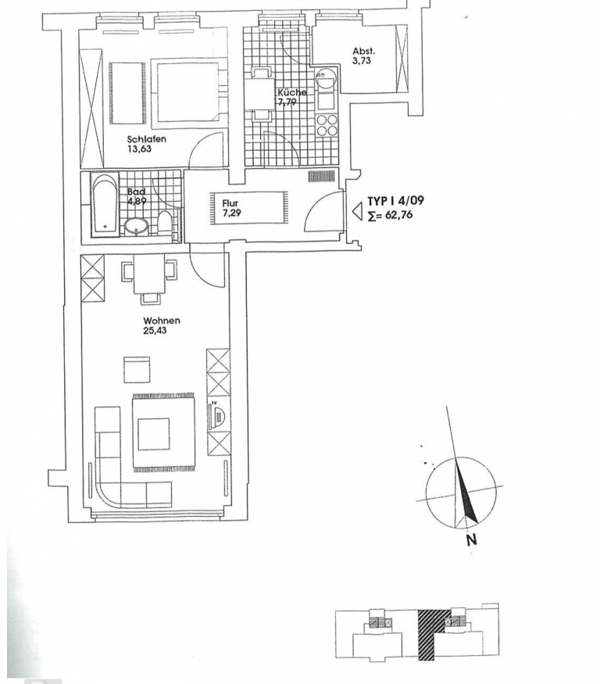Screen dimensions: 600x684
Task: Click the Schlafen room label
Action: tap(147, 139)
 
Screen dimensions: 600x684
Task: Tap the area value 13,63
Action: tap(139, 149)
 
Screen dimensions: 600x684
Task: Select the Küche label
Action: tap(291, 92)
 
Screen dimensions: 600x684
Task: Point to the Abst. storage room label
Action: tap(363, 51)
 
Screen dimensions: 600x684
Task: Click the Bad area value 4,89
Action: tap(137, 201)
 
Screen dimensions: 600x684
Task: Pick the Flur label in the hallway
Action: tap(230, 203)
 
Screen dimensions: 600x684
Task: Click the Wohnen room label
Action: tap(162, 321)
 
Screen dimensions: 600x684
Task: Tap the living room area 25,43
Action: tap(155, 331)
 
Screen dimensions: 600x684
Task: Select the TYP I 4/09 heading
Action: tap(395, 201)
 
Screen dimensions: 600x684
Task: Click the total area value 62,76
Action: tap(398, 215)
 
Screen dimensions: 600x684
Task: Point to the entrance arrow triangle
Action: tap(358, 212)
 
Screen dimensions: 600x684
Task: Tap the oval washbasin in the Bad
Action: tap(137, 227)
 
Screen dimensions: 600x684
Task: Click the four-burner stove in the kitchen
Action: tap(327, 125)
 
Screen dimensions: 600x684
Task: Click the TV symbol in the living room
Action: tap(216, 417)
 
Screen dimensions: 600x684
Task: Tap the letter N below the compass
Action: tap(471, 540)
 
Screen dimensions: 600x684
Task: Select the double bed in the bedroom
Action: tap(187, 91)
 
